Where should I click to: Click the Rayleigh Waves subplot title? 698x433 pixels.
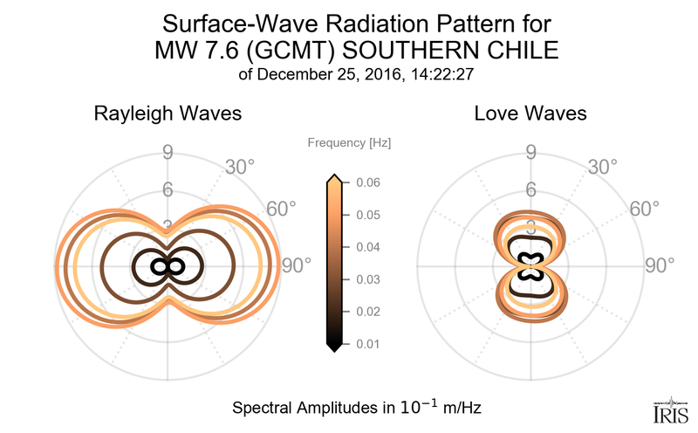168,114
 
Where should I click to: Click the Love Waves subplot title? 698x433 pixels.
530,114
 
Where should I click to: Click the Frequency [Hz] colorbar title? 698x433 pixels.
348,142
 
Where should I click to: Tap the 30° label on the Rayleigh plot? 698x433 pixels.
240,165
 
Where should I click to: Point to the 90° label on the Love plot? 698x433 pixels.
659,265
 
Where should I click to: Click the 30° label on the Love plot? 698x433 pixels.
603,165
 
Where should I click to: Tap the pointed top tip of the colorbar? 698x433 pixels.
334,179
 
